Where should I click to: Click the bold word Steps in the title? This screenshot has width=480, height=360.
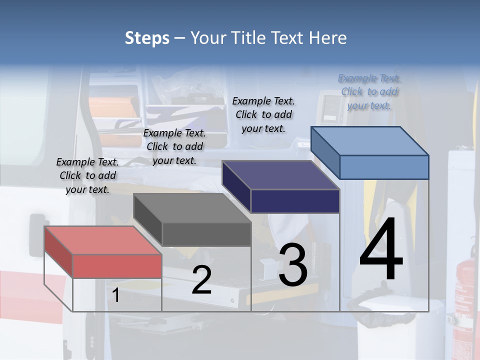click(x=147, y=38)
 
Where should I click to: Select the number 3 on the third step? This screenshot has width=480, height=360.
click(x=293, y=265)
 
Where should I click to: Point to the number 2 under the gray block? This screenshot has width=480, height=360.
click(x=201, y=280)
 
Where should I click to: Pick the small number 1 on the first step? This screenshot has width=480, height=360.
click(x=116, y=295)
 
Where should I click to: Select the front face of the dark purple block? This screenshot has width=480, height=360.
click(x=295, y=201)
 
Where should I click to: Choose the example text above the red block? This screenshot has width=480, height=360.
click(x=87, y=175)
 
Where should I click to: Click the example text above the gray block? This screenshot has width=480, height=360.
click(x=174, y=146)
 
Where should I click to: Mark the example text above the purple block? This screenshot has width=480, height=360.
click(x=263, y=114)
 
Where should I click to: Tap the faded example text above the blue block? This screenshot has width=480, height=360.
click(x=369, y=91)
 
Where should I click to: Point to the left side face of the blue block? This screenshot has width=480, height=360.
click(x=325, y=152)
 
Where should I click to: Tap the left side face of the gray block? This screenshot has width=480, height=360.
click(x=147, y=219)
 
